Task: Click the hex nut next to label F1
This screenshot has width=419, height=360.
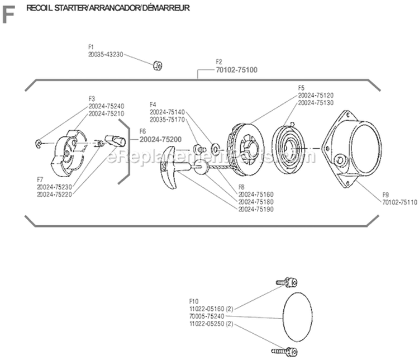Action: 158,65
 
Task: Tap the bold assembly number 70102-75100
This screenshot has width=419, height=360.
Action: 234,69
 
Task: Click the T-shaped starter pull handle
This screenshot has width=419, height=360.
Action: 173,167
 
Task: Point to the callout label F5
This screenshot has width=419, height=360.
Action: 301,88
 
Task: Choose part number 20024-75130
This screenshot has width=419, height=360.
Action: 316,103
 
